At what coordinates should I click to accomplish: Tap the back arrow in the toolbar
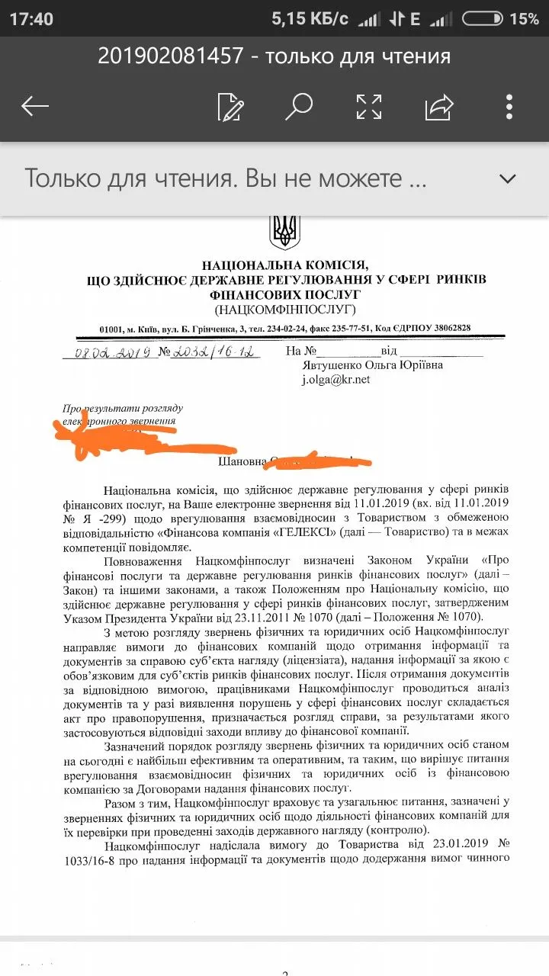pos(35,107)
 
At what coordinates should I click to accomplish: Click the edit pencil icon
pos(230,107)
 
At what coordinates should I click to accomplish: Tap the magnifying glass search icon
pos(298,106)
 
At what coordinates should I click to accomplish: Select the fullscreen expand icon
pos(369,107)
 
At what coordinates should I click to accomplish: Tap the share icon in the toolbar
pos(439,107)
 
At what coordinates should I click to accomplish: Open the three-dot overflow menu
pos(509,107)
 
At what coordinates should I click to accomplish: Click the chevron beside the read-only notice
pos(507,178)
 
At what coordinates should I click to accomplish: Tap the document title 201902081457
pos(170,56)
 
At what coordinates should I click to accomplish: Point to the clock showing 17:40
pos(31,19)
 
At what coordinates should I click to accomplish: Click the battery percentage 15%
pos(524,19)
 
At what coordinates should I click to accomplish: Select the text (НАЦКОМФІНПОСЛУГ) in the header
pos(285,309)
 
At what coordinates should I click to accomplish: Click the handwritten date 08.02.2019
pos(107,352)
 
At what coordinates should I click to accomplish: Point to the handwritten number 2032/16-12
pos(206,352)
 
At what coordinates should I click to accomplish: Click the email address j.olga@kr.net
pos(335,379)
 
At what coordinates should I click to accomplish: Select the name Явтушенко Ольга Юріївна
pos(373,365)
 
